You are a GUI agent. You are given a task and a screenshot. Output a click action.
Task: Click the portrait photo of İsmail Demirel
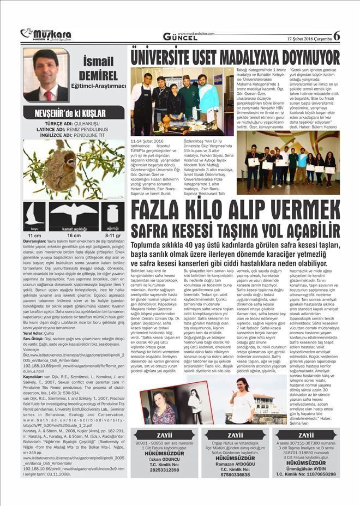(x=46, y=75)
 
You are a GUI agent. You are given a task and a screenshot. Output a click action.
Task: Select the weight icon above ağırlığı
(x=113, y=213)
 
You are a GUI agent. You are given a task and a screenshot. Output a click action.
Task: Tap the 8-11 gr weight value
(x=112, y=234)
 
